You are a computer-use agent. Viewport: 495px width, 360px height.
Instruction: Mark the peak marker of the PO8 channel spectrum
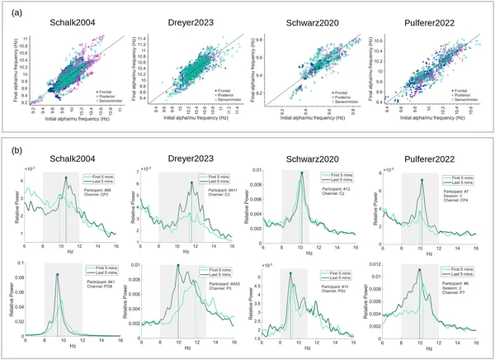[57, 273]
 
